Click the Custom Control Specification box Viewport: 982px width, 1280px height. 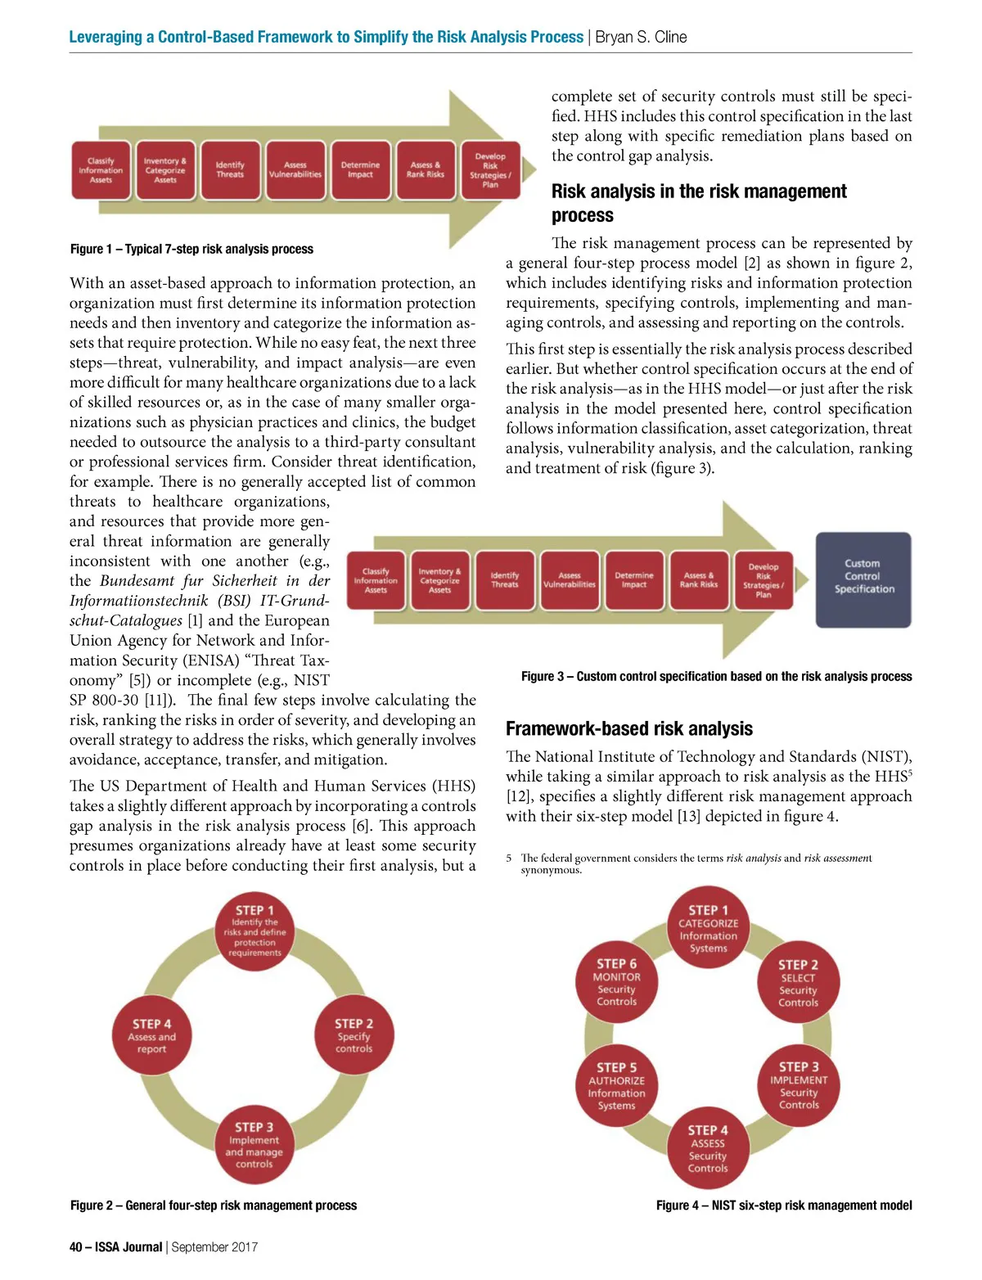[x=863, y=579]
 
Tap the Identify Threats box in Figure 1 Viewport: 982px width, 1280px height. [x=230, y=170]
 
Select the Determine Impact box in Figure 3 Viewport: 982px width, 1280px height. [x=634, y=580]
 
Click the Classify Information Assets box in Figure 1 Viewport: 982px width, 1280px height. [x=101, y=170]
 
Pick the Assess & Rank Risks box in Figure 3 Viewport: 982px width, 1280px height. [x=699, y=580]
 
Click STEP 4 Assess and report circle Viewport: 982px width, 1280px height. [x=151, y=1035]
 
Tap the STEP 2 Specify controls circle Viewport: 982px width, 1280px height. [x=354, y=1035]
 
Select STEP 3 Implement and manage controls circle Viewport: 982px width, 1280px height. [x=254, y=1144]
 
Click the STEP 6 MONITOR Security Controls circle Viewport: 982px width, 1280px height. [x=617, y=982]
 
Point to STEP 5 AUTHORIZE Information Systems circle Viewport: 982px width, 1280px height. [x=617, y=1086]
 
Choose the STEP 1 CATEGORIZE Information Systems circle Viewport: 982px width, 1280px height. [x=708, y=929]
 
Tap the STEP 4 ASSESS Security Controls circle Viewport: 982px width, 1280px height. [x=708, y=1149]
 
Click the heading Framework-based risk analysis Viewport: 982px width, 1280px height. [x=628, y=728]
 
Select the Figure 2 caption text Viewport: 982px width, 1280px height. [x=214, y=1205]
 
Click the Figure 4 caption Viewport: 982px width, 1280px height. [x=783, y=1205]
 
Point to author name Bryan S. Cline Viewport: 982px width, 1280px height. [x=641, y=37]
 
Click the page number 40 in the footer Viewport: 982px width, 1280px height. [x=76, y=1247]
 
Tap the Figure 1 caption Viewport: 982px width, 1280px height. [x=191, y=249]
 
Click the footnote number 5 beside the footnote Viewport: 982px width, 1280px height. [x=508, y=858]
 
